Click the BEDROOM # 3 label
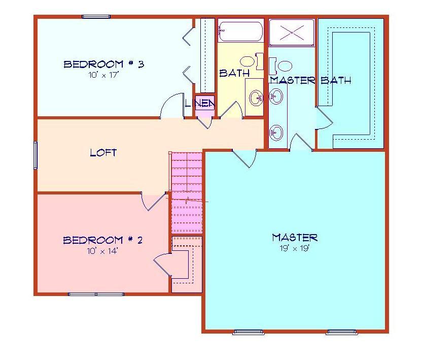click(104, 64)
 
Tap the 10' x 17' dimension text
click(103, 75)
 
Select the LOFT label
click(103, 153)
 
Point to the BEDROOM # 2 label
click(103, 240)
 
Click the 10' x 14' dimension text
click(102, 251)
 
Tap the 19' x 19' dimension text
click(295, 248)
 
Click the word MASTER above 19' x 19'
click(295, 238)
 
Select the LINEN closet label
click(200, 103)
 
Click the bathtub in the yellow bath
click(240, 31)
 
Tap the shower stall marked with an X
click(292, 32)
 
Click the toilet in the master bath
click(280, 66)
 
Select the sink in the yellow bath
click(256, 97)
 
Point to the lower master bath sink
click(276, 133)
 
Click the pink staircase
click(187, 192)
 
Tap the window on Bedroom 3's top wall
click(96, 17)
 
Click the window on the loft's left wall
click(36, 155)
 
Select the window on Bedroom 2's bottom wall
click(96, 294)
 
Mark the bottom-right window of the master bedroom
click(341, 332)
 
